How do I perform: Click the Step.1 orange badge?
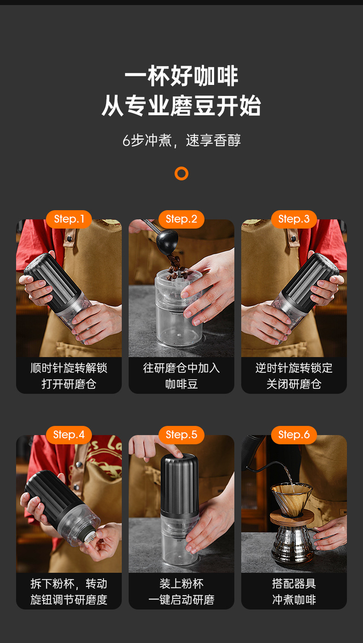pyautogui.click(x=68, y=219)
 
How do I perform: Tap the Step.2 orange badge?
pyautogui.click(x=181, y=219)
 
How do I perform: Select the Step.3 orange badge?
pyautogui.click(x=294, y=219)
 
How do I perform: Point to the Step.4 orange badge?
pyautogui.click(x=68, y=435)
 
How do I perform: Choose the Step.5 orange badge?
pyautogui.click(x=181, y=435)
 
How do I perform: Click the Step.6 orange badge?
pyautogui.click(x=294, y=435)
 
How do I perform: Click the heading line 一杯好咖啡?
pyautogui.click(x=181, y=76)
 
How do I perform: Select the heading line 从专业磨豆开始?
pyautogui.click(x=181, y=106)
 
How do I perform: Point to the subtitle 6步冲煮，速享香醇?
pyautogui.click(x=181, y=140)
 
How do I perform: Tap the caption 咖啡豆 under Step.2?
pyautogui.click(x=181, y=384)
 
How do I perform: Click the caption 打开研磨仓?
pyautogui.click(x=68, y=384)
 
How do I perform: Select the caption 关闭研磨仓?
pyautogui.click(x=294, y=384)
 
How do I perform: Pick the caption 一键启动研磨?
pyautogui.click(x=181, y=600)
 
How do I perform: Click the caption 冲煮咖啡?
pyautogui.click(x=294, y=600)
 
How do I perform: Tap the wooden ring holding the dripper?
pyautogui.click(x=292, y=517)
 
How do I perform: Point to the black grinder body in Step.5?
pyautogui.click(x=179, y=485)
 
